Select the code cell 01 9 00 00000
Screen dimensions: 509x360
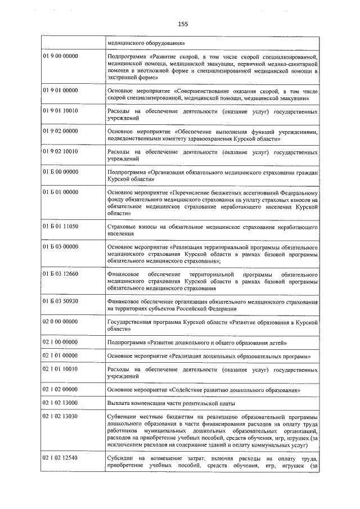pyautogui.click(x=60, y=57)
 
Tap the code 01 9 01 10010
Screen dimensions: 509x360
pyautogui.click(x=60, y=111)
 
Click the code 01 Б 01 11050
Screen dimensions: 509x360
pyautogui.click(x=60, y=227)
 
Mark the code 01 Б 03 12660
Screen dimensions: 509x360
pyautogui.click(x=60, y=274)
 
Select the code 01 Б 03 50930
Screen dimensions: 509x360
pyautogui.click(x=60, y=301)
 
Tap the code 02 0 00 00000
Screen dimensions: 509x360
pyautogui.click(x=60, y=321)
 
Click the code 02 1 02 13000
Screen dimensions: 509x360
pyautogui.click(x=60, y=403)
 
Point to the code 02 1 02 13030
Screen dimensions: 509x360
pyautogui.click(x=60, y=416)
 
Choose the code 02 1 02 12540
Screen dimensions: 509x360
pyautogui.click(x=60, y=459)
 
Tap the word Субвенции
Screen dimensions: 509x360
pyautogui.click(x=121, y=417)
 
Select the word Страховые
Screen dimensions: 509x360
pyautogui.click(x=122, y=227)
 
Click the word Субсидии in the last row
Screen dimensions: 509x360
pyautogui.click(x=120, y=459)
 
